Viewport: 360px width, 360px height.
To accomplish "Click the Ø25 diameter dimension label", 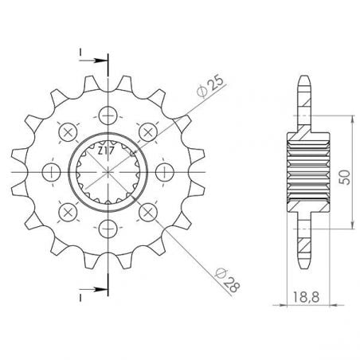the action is click(210, 87).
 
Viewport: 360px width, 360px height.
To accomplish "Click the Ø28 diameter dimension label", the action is click(228, 280).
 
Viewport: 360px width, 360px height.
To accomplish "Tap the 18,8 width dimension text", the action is click(306, 297).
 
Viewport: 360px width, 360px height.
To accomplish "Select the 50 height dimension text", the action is click(345, 177).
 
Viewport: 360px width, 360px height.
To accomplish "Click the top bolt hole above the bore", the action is click(108, 115).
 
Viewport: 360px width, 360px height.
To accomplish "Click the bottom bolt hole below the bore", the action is click(108, 229).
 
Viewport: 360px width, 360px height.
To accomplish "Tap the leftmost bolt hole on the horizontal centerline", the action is click(52, 172).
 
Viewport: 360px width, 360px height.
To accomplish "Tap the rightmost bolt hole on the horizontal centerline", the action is click(165, 172).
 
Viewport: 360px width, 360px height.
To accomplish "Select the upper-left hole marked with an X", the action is click(68, 132).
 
